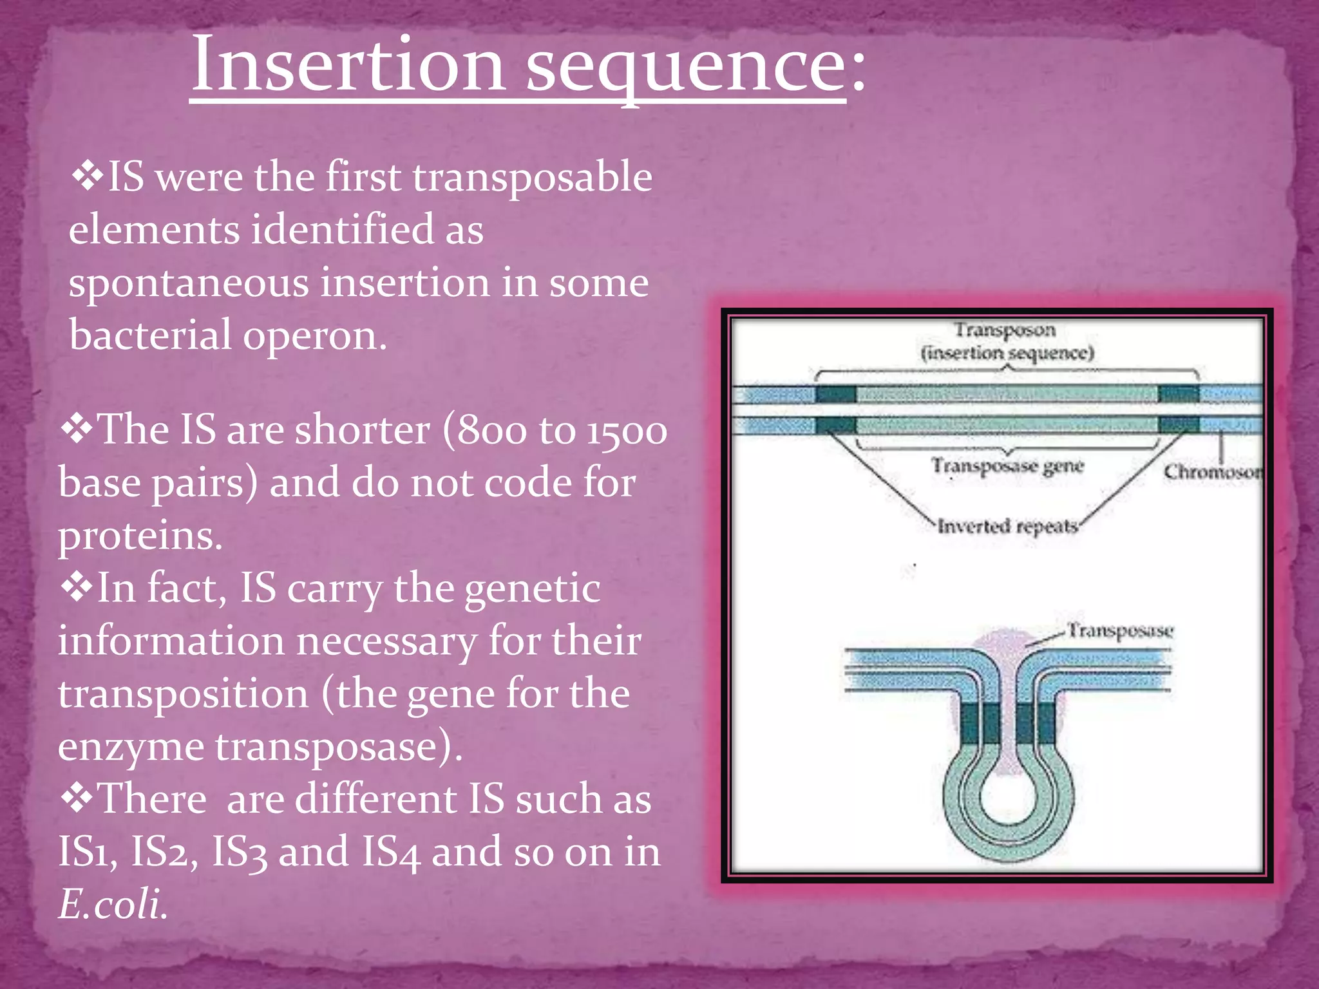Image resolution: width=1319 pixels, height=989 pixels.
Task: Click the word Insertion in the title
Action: (348, 64)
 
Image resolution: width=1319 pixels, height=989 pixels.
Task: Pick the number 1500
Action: (627, 431)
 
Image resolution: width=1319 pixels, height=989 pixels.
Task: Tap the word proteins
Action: (140, 537)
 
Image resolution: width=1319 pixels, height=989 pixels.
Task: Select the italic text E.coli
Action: (113, 904)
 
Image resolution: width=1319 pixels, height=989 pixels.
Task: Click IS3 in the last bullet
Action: (239, 852)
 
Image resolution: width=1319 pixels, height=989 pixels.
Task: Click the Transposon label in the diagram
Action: (1005, 330)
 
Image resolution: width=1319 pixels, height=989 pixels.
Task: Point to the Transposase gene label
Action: (1008, 466)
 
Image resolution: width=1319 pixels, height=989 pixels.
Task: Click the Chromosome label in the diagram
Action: (1212, 472)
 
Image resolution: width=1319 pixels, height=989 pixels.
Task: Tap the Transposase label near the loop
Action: (1121, 630)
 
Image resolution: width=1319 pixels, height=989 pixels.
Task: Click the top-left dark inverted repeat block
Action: (836, 394)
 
